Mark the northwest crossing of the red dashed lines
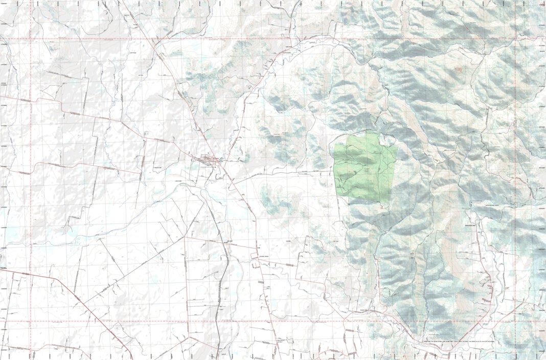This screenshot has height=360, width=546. pyautogui.click(x=31, y=39)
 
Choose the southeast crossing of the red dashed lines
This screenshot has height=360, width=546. pyautogui.click(x=515, y=322)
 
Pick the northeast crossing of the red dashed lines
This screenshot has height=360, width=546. pyautogui.click(x=515, y=39)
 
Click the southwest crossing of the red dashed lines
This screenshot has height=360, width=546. pyautogui.click(x=31, y=322)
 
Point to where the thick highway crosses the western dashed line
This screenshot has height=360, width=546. pyautogui.click(x=31, y=274)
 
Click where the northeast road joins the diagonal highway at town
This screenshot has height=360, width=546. pyautogui.click(x=223, y=163)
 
